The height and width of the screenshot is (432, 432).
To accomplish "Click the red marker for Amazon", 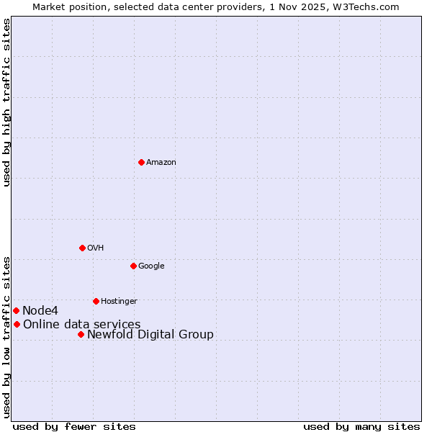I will (141, 162).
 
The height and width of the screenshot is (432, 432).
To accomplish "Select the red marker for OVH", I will (82, 248).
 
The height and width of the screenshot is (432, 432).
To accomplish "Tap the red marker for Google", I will (133, 266).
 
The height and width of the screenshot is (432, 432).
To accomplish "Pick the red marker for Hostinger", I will (96, 301).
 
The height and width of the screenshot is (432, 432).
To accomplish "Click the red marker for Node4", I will (16, 310).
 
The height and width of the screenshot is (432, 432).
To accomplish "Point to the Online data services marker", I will (17, 324).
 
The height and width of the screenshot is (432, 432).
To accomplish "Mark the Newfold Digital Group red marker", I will (81, 334).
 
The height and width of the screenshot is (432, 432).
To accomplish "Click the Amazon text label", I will (161, 163).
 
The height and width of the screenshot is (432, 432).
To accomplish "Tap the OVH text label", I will (95, 248).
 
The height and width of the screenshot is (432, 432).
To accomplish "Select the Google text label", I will (151, 266).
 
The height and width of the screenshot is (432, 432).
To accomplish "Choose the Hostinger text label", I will (119, 302).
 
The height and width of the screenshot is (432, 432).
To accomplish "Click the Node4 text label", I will (40, 311).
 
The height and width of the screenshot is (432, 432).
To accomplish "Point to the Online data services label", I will (81, 325).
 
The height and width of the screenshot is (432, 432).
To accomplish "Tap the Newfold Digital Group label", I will (150, 335).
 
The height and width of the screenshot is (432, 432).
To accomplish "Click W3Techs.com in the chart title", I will (369, 7).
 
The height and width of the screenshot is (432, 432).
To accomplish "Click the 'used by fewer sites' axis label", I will (74, 427).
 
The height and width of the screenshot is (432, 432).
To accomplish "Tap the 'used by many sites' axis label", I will (361, 427).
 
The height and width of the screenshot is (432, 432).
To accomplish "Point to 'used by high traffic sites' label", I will (7, 103).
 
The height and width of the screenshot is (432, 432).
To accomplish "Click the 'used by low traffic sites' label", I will (7, 336).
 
